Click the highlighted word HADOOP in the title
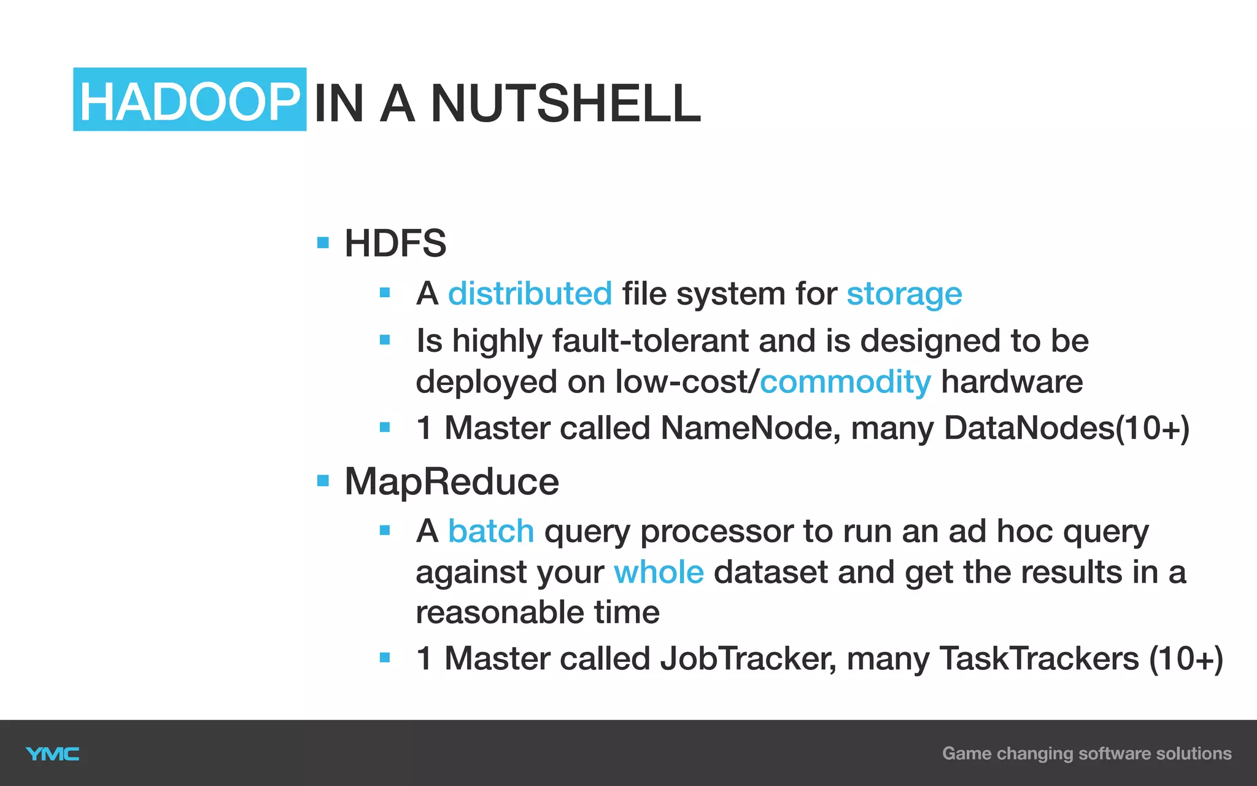pyautogui.click(x=190, y=101)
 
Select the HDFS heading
pyautogui.click(x=395, y=243)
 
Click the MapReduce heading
pyautogui.click(x=452, y=481)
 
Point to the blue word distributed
pyautogui.click(x=530, y=294)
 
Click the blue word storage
pyautogui.click(x=904, y=294)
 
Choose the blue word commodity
pyautogui.click(x=845, y=382)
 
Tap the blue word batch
pyautogui.click(x=491, y=531)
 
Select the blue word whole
pyautogui.click(x=659, y=572)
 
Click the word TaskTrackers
pyautogui.click(x=1038, y=659)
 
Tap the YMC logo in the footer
pyautogui.click(x=53, y=754)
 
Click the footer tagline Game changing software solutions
pyautogui.click(x=1086, y=753)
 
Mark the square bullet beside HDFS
pyautogui.click(x=323, y=243)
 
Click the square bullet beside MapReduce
pyautogui.click(x=323, y=480)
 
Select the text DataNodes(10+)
pyautogui.click(x=1066, y=428)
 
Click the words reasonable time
pyautogui.click(x=537, y=613)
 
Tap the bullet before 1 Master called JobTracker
pyautogui.click(x=385, y=658)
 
